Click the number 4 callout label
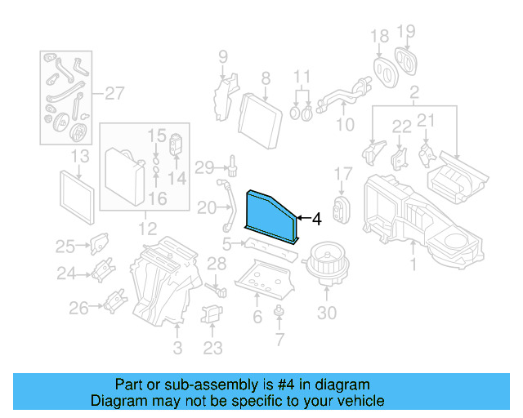315,219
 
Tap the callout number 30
326,313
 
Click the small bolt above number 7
280,310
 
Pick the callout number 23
212,349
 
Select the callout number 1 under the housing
413,264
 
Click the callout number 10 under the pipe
345,125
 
